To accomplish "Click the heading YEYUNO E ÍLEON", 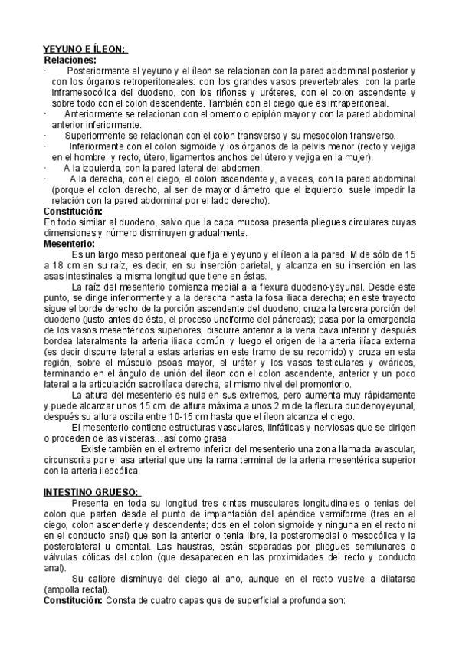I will click(84, 50).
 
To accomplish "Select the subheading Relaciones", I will click(70, 60).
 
